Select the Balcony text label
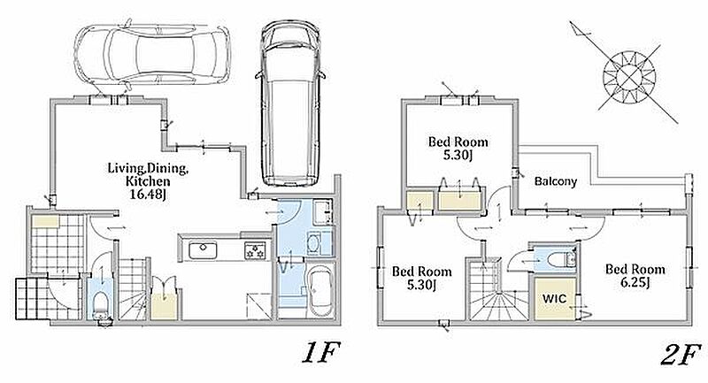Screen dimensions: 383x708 pos(556,181)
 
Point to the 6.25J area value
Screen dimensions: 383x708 pos(635,284)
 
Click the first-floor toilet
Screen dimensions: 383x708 pos(102,302)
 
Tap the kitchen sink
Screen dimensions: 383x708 pos(202,250)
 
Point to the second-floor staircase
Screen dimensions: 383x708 pos(490,295)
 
